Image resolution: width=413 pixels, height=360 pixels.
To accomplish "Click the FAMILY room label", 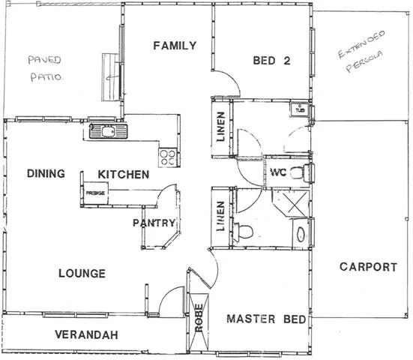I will (x=175, y=46).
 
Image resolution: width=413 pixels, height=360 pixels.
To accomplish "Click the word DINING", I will (x=46, y=174).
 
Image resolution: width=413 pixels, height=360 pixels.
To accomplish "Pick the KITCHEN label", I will (x=124, y=175).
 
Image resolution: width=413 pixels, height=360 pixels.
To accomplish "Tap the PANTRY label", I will (x=154, y=223).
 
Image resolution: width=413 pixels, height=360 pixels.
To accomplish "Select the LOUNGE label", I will (x=81, y=273).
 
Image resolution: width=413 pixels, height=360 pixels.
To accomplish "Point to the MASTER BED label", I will (x=266, y=319).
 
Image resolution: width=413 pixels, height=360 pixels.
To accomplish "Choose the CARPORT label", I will (x=368, y=266).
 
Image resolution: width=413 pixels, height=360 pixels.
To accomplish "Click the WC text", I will (x=277, y=173).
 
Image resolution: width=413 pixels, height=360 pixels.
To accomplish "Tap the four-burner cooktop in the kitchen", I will (x=168, y=157).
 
